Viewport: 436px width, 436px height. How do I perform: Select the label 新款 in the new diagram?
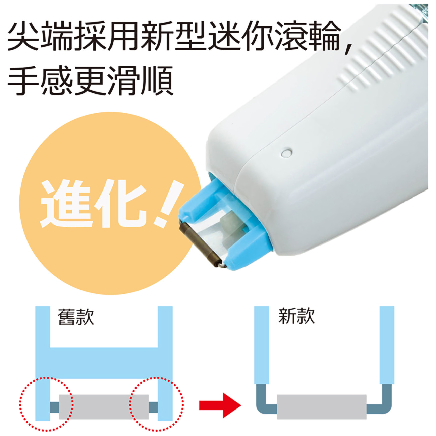coord(296,316)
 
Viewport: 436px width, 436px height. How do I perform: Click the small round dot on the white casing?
coord(287,153)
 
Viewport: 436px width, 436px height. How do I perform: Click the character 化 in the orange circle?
coord(121,203)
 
